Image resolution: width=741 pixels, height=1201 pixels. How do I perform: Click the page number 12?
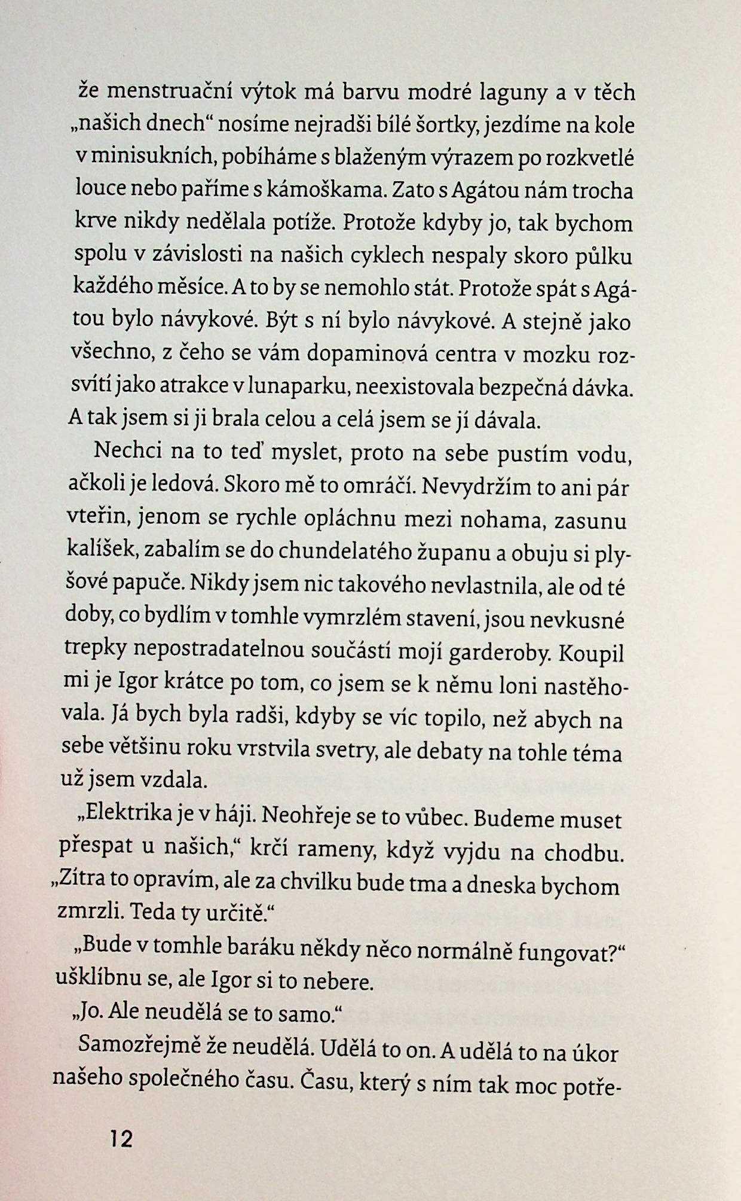(121, 1139)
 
